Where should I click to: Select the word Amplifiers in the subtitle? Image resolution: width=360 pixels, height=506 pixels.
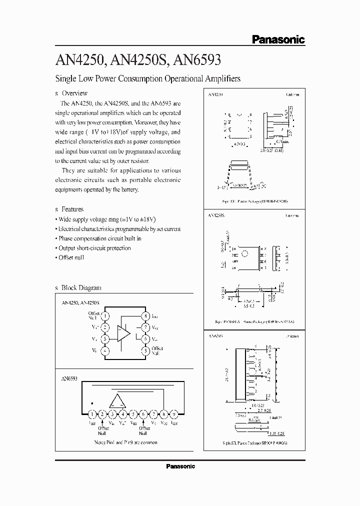tap(221, 78)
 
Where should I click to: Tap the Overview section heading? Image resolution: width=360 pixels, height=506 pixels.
tap(74, 93)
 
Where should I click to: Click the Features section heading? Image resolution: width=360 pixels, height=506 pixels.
tap(72, 209)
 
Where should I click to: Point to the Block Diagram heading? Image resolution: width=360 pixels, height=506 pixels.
tap(80, 287)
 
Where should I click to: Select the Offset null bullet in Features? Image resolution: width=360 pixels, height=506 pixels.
tap(69, 257)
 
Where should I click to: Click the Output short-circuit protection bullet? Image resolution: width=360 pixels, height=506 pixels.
tap(92, 248)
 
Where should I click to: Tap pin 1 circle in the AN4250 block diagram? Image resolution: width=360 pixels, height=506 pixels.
tap(105, 316)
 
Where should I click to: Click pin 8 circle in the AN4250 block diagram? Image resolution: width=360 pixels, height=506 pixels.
tap(145, 316)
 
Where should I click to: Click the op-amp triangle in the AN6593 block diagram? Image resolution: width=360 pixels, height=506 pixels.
tap(118, 400)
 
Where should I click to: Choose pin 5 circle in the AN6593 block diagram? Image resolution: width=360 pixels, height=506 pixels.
tap(133, 414)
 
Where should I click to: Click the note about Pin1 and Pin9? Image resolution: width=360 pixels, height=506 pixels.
tap(125, 442)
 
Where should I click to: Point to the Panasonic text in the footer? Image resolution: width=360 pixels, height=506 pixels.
tap(180, 466)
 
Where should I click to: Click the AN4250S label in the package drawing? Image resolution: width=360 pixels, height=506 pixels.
tap(215, 215)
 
